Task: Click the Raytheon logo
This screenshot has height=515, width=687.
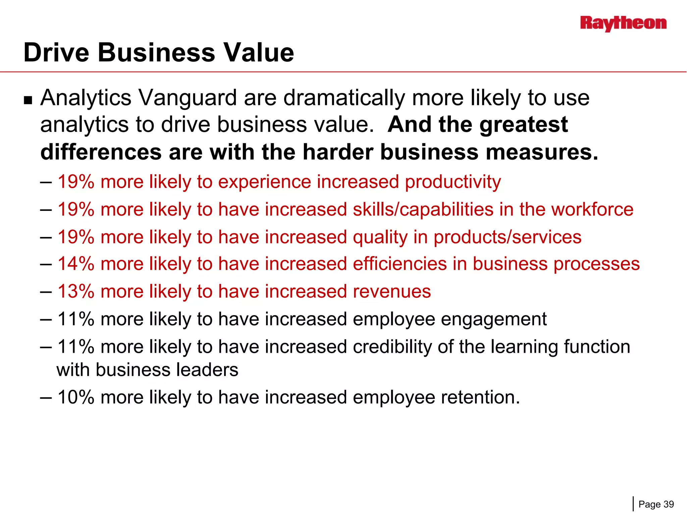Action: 623,23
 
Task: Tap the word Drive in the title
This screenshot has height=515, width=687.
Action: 57,53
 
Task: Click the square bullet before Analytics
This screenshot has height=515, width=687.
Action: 28,100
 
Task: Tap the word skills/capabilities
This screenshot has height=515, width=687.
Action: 423,210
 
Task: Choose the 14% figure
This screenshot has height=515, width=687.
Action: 76,264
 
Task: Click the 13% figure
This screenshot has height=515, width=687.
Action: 76,291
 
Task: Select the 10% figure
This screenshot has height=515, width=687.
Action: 76,397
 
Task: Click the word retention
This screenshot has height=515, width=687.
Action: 480,397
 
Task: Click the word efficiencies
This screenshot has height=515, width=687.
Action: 400,264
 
